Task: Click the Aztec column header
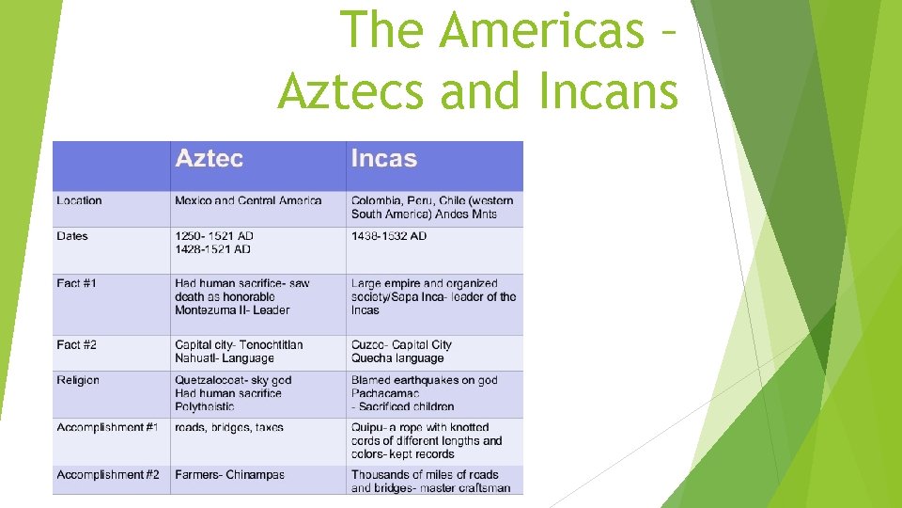[x=209, y=159]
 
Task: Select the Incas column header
[x=383, y=159]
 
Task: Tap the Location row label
[x=79, y=200]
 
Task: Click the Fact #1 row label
[x=76, y=283]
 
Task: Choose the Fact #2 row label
[x=76, y=345]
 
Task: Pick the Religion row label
[x=78, y=380]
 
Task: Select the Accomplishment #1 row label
[x=107, y=428]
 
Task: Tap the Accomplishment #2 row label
[x=107, y=475]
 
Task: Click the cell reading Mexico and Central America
[x=248, y=200]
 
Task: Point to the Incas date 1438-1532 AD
[x=389, y=236]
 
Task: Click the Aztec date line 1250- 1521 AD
[x=214, y=236]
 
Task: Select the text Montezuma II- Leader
[x=232, y=310]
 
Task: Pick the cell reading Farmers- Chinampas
[x=229, y=475]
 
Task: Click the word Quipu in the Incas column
[x=367, y=428]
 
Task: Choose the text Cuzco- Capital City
[x=401, y=345]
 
